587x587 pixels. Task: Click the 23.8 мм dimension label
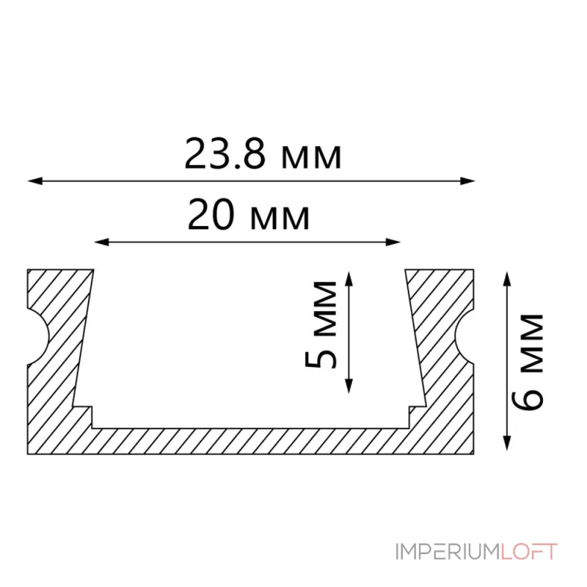click(263, 154)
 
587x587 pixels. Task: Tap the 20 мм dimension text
click(249, 215)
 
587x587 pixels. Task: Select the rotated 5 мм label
click(321, 325)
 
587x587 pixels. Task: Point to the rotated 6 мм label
click(528, 362)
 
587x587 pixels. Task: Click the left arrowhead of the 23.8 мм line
click(35, 181)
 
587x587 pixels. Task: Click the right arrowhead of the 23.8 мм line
click(468, 181)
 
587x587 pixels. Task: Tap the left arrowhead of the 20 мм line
click(101, 242)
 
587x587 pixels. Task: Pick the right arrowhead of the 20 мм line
click(393, 242)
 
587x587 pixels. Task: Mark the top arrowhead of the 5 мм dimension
click(349, 279)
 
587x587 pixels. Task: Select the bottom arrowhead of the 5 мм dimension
click(349, 386)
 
